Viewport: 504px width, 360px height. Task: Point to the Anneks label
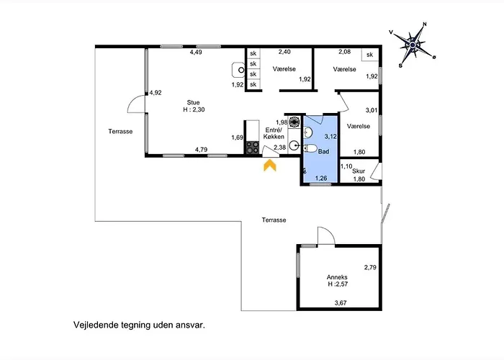(338, 277)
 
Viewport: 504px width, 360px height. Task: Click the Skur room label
(359, 171)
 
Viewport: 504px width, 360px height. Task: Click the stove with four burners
(253, 148)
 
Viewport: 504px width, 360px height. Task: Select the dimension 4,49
(196, 52)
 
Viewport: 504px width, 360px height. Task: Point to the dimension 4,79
(202, 150)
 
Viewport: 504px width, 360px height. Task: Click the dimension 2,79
(370, 268)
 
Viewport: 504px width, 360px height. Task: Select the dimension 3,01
(372, 110)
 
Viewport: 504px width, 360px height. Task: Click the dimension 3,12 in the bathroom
(330, 136)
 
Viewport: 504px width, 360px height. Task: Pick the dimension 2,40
(285, 52)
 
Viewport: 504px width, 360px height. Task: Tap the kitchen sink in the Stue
(238, 70)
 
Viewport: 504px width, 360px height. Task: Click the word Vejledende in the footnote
(96, 325)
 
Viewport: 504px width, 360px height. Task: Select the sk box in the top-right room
(370, 55)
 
